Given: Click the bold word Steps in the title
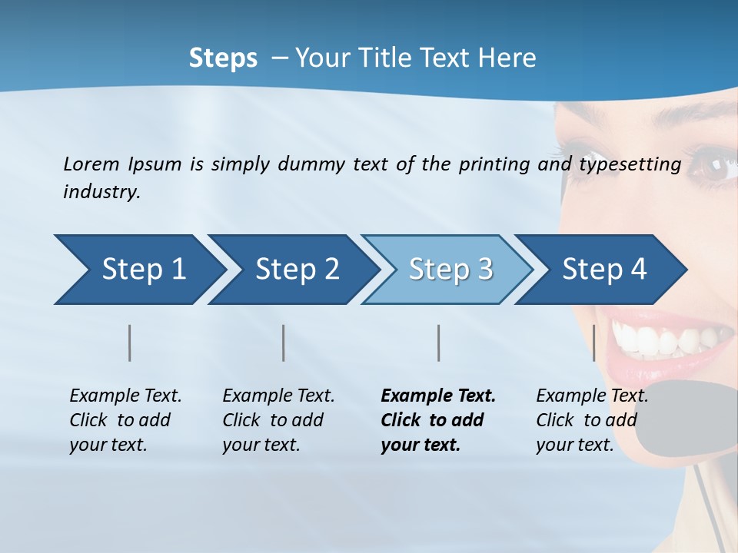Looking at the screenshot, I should (x=223, y=58).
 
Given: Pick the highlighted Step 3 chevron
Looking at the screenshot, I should (x=450, y=270).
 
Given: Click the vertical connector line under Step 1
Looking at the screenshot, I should (x=130, y=343).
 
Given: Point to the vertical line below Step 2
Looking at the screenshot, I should (x=284, y=343).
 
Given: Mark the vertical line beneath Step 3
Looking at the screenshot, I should (x=438, y=343).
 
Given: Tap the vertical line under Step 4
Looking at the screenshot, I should (x=593, y=343).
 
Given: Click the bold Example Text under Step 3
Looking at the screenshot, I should (x=438, y=396).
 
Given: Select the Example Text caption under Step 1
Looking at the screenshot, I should (x=125, y=396).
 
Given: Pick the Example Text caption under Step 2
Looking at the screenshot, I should (x=278, y=396).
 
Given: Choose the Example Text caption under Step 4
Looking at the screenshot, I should (x=592, y=396).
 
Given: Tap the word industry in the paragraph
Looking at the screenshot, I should (x=101, y=192).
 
